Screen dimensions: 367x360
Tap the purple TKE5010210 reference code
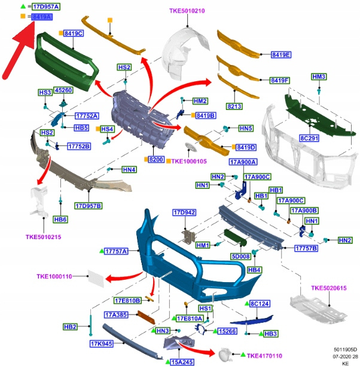pos(187,11)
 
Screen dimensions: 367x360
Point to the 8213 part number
pos(235,106)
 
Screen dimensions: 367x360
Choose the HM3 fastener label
pos(319,77)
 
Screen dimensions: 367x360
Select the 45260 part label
pos(63,90)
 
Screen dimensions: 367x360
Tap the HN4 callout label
pos(129,170)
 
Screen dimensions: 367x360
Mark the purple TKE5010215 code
pos(43,237)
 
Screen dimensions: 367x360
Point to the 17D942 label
pos(184,213)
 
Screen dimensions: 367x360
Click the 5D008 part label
pos(240,257)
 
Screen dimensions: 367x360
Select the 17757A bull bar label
pos(116,252)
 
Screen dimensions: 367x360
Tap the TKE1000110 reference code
pos(54,277)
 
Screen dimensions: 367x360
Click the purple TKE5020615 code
pos(329,288)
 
